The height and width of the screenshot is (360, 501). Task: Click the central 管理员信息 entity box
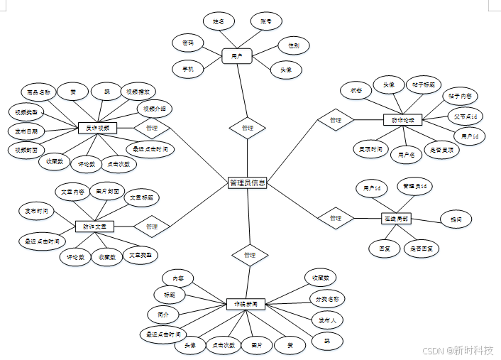coord(248,183)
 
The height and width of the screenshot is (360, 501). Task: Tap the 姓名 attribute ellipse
coord(219,22)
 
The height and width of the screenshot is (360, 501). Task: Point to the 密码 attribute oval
coord(188,43)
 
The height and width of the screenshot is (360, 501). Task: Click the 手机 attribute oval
coord(188,68)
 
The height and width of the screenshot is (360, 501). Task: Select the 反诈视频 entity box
coord(97,129)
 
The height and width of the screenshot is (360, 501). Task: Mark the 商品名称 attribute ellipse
coord(39,92)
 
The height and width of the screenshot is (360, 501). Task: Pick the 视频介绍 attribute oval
coord(155,109)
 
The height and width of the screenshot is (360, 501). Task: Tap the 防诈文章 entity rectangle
coord(94,227)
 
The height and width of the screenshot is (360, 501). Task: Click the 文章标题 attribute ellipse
coord(141,197)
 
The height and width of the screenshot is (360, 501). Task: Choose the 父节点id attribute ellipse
coord(469,116)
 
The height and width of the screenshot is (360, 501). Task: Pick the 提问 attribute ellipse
coord(456,219)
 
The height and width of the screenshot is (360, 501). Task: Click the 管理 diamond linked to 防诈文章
coord(152,227)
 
